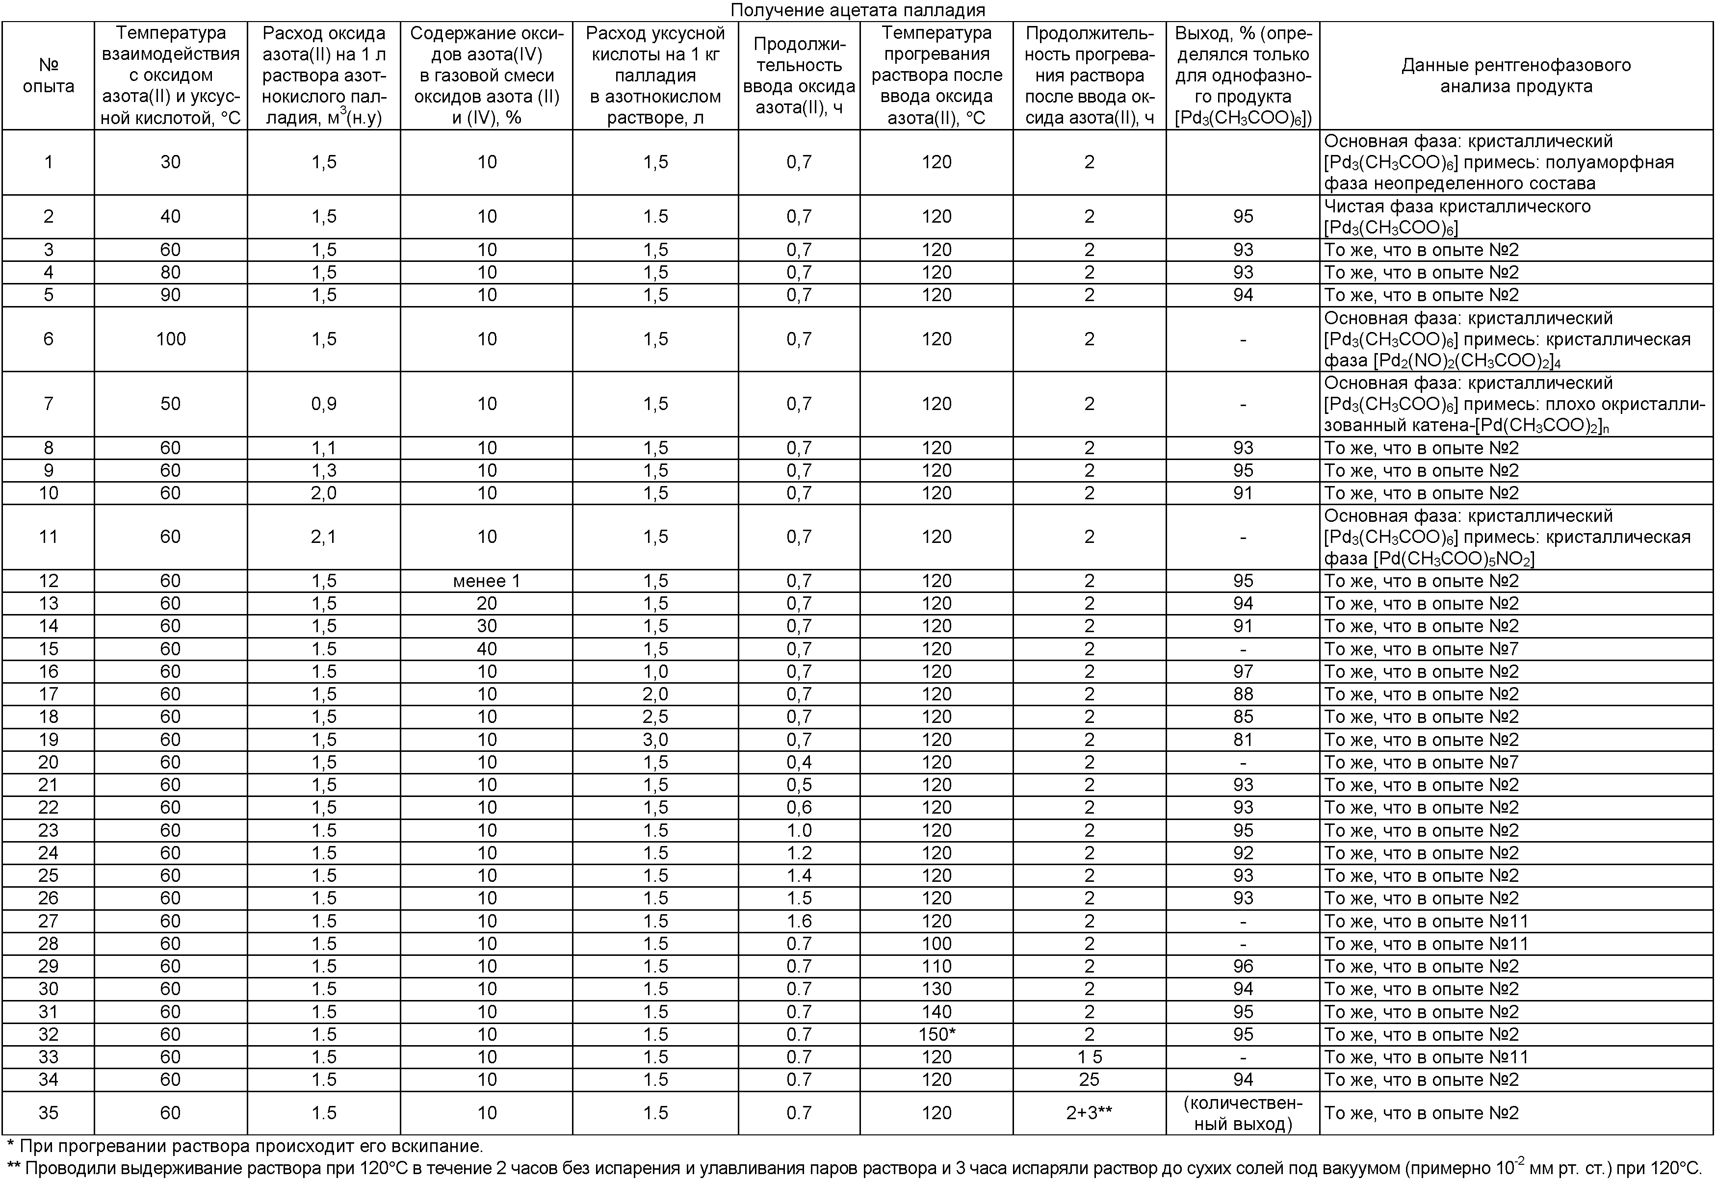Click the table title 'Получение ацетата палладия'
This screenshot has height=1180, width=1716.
click(x=858, y=10)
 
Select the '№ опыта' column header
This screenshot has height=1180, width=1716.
click(x=48, y=76)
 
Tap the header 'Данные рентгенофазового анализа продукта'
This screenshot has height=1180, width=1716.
click(x=1516, y=76)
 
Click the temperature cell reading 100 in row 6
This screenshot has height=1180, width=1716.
click(x=170, y=339)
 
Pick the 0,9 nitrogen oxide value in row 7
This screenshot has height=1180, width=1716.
click(x=324, y=404)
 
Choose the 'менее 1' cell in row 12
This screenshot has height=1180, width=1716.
click(x=487, y=581)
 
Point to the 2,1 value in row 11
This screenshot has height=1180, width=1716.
click(x=324, y=537)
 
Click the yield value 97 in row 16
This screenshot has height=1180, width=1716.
click(x=1243, y=671)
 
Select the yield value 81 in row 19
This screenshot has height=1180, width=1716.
click(x=1243, y=740)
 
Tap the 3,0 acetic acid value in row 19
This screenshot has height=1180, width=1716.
click(x=655, y=740)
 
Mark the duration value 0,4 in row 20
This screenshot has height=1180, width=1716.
click(x=799, y=762)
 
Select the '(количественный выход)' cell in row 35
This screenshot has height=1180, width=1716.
click(x=1243, y=1113)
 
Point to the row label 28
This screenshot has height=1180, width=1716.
click(x=48, y=944)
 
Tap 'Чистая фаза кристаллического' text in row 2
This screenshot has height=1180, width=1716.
click(x=1456, y=206)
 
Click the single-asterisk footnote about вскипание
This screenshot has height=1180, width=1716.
click(x=244, y=1147)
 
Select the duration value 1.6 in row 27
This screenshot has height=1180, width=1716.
click(x=799, y=921)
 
